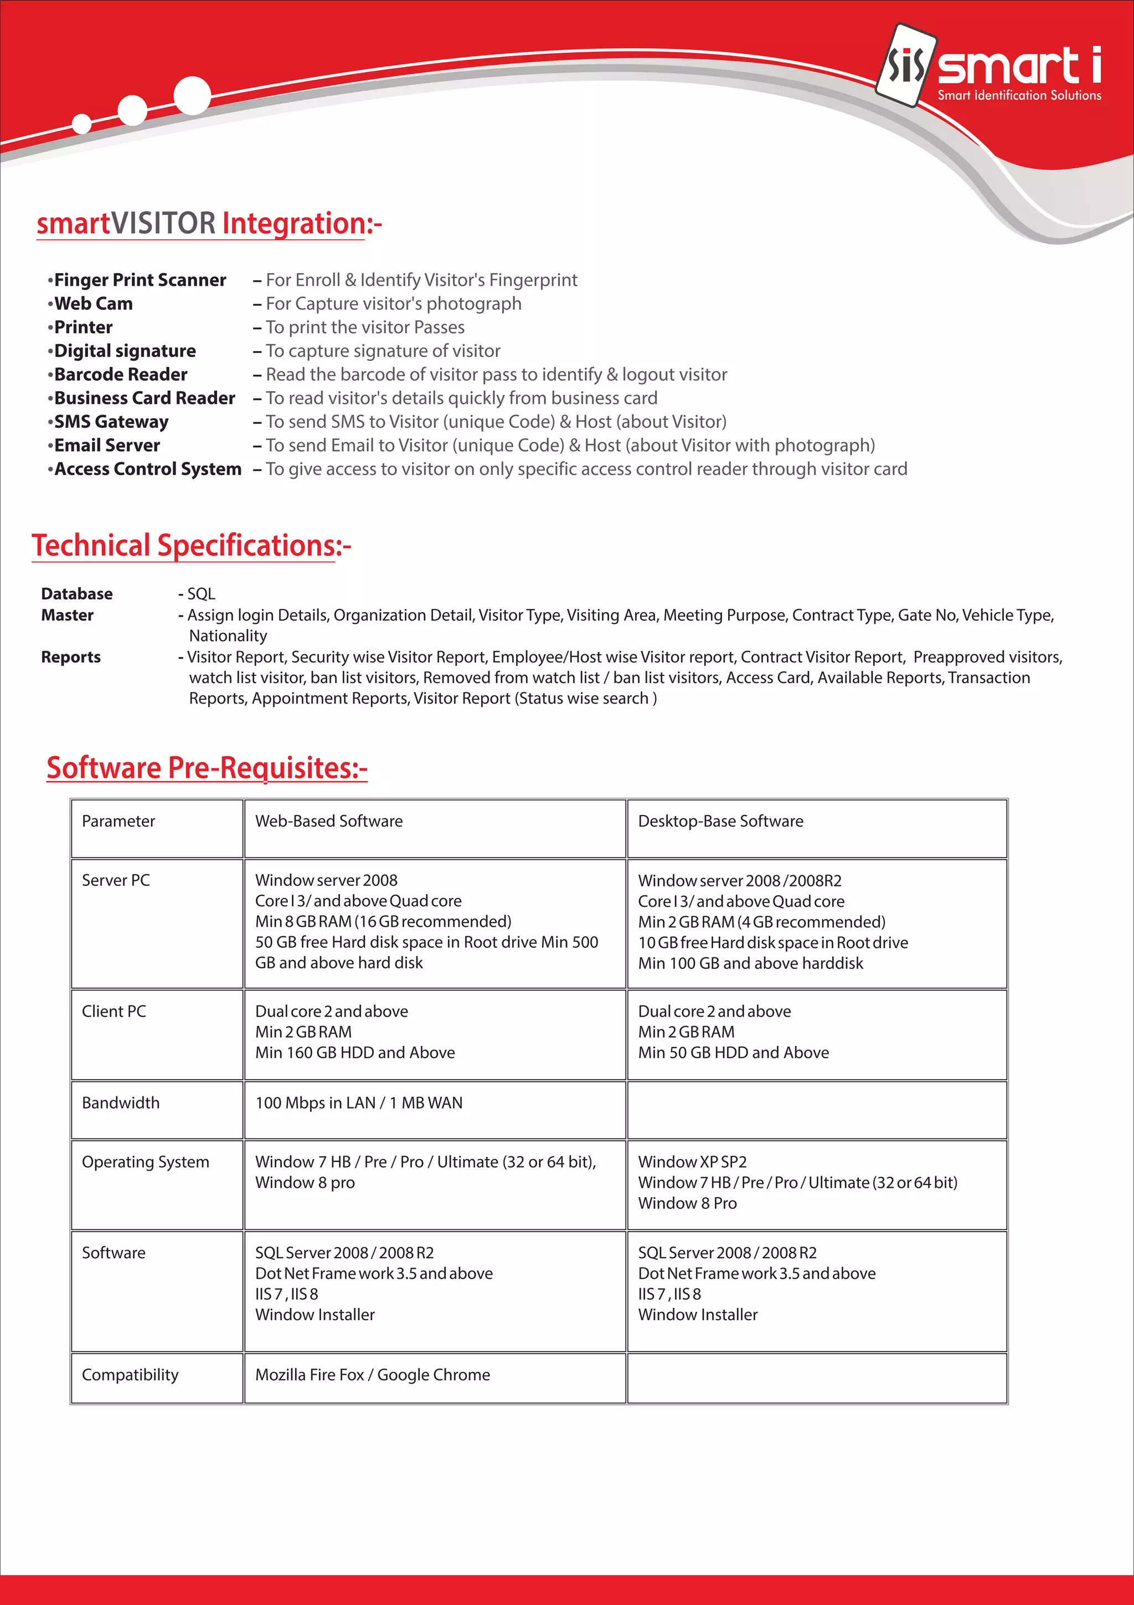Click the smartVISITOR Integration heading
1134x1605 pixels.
[209, 224]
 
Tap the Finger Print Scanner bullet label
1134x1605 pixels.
[140, 280]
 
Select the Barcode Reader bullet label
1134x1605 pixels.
[120, 375]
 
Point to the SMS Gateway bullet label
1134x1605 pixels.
[111, 422]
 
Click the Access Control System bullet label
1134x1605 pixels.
[147, 469]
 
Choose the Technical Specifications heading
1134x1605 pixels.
[190, 546]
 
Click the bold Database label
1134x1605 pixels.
[77, 594]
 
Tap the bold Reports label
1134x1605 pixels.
[70, 657]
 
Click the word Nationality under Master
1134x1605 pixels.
[228, 636]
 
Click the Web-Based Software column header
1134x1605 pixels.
[329, 822]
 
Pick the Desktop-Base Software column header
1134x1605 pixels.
[720, 822]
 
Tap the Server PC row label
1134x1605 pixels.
[116, 881]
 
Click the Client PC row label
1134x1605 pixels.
[114, 1012]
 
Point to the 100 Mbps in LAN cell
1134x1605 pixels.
[358, 1103]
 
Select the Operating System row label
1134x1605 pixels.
[145, 1162]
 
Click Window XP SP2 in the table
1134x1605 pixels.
[692, 1162]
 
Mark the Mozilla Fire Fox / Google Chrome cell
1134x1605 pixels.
[373, 1375]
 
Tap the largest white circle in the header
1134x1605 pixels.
[192, 95]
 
